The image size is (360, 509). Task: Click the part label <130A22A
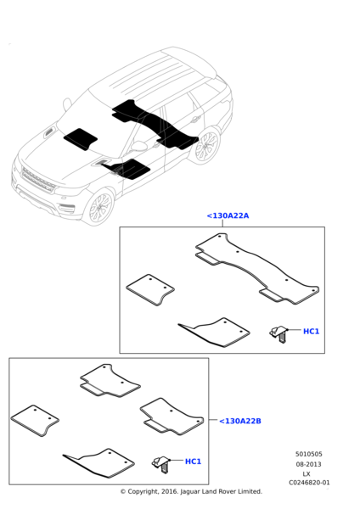(x=228, y=215)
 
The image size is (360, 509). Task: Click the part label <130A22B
(x=240, y=421)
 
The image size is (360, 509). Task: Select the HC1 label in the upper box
(x=311, y=332)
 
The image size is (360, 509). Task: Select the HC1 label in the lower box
(x=193, y=461)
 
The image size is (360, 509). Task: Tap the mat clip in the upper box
(x=278, y=334)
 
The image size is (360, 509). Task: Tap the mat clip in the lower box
(x=160, y=464)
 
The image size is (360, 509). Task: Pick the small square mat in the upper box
(x=150, y=289)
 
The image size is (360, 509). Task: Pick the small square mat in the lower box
(x=35, y=421)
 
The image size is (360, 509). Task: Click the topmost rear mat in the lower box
(x=110, y=380)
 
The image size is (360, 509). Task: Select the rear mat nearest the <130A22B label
(x=172, y=417)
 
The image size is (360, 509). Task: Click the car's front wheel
(x=99, y=207)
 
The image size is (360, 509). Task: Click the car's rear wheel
(x=207, y=146)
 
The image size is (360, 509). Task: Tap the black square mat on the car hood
(x=81, y=139)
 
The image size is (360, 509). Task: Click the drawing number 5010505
(x=309, y=454)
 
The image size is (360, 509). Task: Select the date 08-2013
(x=309, y=464)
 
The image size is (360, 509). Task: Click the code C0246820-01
(x=309, y=483)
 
